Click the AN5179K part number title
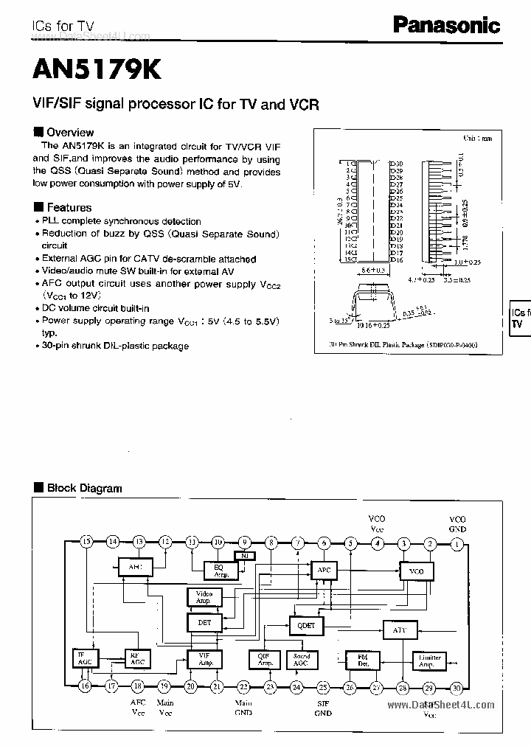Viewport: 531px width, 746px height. [x=96, y=69]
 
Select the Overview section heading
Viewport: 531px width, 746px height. [x=65, y=133]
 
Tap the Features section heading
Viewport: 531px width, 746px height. [x=63, y=208]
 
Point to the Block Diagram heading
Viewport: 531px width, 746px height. [x=79, y=488]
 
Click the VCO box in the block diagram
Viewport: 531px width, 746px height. [x=416, y=571]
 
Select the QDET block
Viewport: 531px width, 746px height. [x=306, y=624]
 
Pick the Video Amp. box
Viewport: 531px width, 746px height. [x=204, y=597]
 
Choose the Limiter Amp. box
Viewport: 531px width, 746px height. [x=430, y=660]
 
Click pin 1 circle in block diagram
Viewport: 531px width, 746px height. [x=457, y=543]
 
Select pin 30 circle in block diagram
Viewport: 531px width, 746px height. [x=457, y=687]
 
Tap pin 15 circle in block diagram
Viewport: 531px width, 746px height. [x=86, y=542]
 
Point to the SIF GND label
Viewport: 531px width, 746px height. [x=323, y=709]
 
